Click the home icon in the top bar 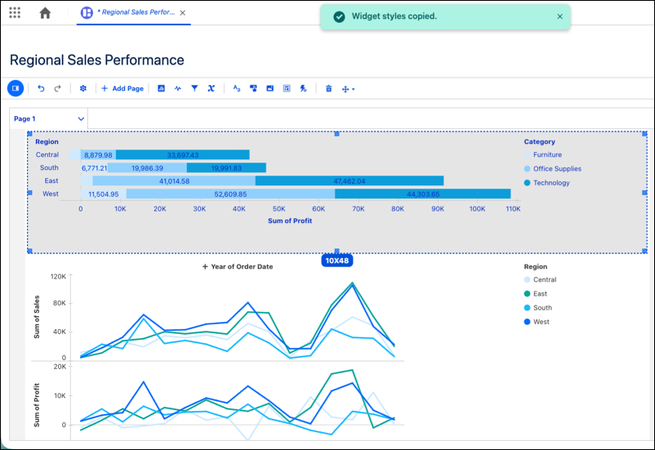point(45,13)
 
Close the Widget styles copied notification point(559,16)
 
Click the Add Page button point(123,88)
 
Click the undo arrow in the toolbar point(41,88)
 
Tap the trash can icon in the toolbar point(329,88)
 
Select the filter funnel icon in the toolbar point(194,88)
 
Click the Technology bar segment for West point(423,194)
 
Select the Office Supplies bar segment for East point(174,181)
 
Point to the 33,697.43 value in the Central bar point(183,155)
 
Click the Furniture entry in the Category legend point(543,154)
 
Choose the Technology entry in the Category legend point(547,183)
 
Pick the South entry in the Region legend point(538,308)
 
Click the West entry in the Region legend point(537,322)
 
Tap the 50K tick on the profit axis point(278,209)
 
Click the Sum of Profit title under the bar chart point(290,221)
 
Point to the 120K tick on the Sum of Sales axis point(58,276)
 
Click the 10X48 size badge point(337,261)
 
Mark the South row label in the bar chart point(49,167)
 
